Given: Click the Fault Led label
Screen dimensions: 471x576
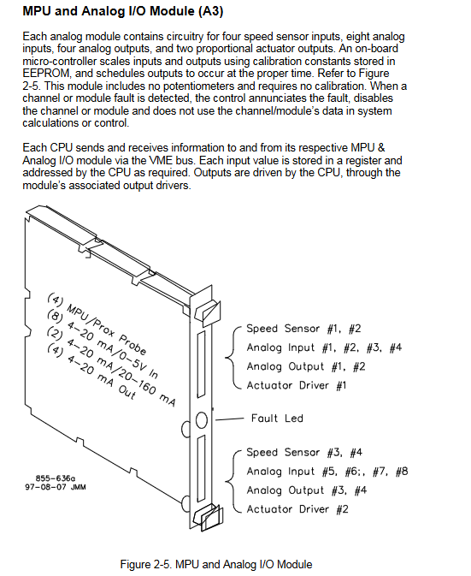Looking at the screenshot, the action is (x=277, y=418).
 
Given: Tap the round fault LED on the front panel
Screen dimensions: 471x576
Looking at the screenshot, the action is (x=202, y=419).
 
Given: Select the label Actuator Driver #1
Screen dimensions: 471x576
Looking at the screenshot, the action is (x=296, y=385).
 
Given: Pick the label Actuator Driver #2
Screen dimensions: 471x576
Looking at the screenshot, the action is (x=297, y=509).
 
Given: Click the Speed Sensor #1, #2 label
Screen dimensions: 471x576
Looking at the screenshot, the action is (x=303, y=329).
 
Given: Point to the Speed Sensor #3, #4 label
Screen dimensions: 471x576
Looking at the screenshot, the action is (x=304, y=452).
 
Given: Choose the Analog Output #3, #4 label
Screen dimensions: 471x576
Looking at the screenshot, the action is (x=306, y=490).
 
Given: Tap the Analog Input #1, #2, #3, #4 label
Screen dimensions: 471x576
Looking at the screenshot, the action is (x=324, y=347).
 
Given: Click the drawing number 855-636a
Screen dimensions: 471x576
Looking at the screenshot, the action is (x=56, y=478).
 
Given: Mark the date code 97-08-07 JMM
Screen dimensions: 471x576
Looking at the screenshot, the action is (x=56, y=487).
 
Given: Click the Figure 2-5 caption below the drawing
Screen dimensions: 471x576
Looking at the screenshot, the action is (x=216, y=564).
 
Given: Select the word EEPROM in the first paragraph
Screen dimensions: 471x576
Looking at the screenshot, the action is (x=46, y=73).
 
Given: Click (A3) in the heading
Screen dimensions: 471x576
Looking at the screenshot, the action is (x=210, y=11).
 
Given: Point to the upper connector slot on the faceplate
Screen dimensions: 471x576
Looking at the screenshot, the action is (x=201, y=365).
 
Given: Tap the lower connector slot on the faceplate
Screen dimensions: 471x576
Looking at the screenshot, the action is (x=201, y=468).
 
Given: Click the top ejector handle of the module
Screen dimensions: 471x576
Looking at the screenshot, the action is (x=208, y=312).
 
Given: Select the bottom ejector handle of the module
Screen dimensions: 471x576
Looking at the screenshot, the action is (x=209, y=517).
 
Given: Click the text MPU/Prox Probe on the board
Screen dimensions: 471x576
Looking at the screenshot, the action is (x=106, y=330).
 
